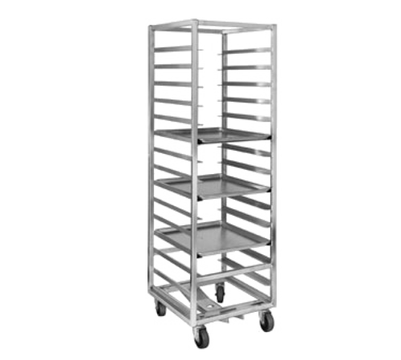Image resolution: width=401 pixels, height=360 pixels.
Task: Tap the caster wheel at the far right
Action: (265, 321)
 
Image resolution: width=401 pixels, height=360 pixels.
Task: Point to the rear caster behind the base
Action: (220, 293)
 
